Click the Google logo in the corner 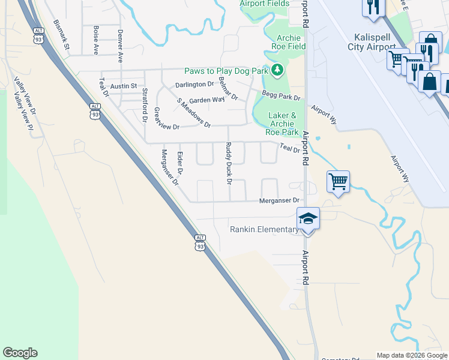coord(20,353)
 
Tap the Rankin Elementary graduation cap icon coord(308,218)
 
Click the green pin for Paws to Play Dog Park coord(277,71)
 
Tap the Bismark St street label coord(62,34)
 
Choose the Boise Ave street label coord(96,40)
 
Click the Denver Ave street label coord(121,46)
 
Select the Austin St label coord(124,86)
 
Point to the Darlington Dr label coord(194,85)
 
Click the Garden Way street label coord(206,100)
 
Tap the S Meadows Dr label coord(193,113)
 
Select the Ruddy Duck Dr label coord(229,162)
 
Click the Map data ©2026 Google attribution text coord(412,355)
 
